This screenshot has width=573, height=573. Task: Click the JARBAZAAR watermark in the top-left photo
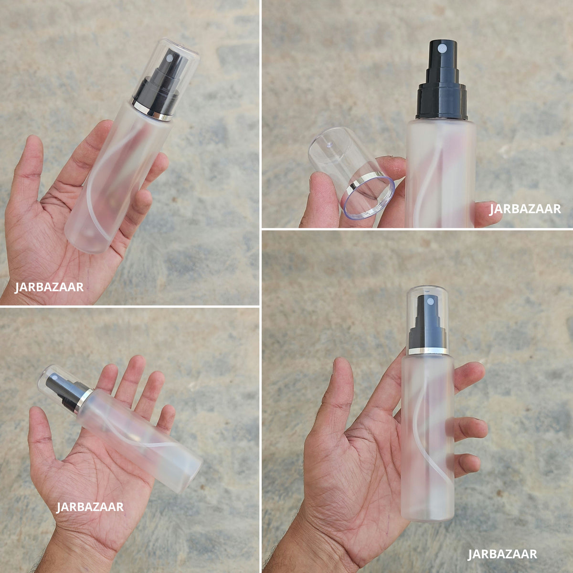49,287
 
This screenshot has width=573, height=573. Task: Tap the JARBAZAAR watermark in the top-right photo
525,209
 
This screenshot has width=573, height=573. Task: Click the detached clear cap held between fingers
351,172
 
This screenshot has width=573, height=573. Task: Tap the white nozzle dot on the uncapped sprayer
442,48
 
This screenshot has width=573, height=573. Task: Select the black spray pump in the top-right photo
442,80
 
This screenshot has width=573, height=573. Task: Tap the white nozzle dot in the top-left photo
169,58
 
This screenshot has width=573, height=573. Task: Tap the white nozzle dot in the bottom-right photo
429,302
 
